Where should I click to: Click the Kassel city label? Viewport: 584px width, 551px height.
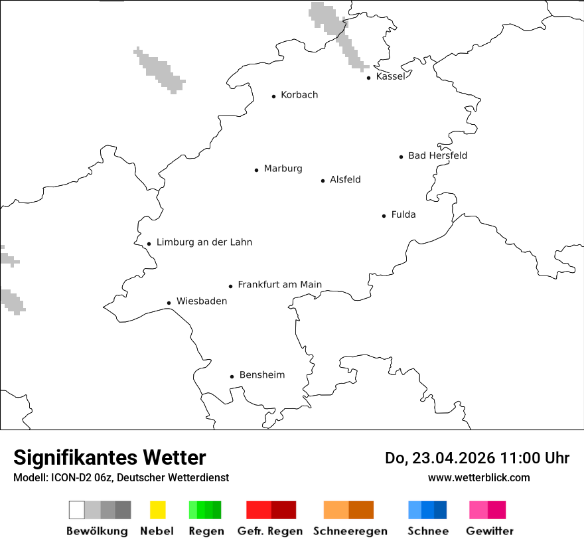[390, 76]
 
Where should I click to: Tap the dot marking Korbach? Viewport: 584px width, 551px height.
[273, 96]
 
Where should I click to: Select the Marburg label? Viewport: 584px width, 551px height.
[283, 169]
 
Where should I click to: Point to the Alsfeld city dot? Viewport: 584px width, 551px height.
[323, 181]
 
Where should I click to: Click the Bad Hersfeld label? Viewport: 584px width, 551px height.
[437, 155]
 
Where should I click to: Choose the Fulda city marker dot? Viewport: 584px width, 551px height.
[384, 216]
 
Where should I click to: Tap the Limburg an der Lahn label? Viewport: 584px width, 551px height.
[204, 242]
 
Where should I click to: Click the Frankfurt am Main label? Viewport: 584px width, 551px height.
[279, 285]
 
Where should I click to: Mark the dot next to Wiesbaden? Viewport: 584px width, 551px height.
[169, 303]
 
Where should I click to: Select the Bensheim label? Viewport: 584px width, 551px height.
[261, 375]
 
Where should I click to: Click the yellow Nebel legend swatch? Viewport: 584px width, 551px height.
[158, 510]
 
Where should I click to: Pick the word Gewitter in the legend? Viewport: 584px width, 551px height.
[490, 531]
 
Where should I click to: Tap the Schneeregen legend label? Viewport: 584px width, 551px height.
[350, 531]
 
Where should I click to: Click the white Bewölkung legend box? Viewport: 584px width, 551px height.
[77, 510]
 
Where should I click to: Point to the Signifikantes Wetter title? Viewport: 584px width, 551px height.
[110, 457]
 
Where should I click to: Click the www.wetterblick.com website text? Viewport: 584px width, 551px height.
[478, 477]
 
